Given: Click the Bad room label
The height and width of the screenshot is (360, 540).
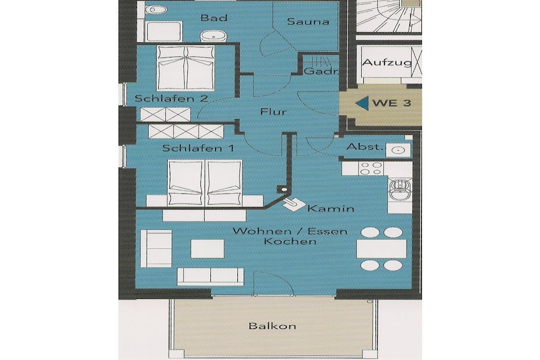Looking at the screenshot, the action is click(214, 17).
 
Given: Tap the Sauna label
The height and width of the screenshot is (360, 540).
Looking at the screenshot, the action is click(308, 21).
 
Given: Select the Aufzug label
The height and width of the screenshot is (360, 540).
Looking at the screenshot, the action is click(387, 63).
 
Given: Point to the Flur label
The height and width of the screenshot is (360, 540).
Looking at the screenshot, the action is click(274, 112).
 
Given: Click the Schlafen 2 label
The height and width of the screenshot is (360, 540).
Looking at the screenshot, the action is click(171, 99).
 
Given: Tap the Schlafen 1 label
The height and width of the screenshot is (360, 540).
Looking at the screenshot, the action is click(198, 148).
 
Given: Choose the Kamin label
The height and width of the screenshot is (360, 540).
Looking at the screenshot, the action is click(331, 209).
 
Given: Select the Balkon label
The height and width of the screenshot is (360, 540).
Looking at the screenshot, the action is click(272, 326).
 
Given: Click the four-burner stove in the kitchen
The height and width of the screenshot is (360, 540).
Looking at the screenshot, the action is click(371, 169).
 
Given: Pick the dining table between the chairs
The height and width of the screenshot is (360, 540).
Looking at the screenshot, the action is click(381, 249).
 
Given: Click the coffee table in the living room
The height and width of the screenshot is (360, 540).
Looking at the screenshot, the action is click(207, 249).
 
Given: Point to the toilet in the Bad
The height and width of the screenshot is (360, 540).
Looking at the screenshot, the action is click(156, 10).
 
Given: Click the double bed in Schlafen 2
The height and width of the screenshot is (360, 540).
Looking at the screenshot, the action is click(186, 68).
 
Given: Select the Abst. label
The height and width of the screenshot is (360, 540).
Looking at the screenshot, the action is click(365, 147).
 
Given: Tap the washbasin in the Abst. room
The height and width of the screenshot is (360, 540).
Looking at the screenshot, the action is click(398, 150).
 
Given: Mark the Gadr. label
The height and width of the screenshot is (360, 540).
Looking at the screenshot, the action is click(321, 72).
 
